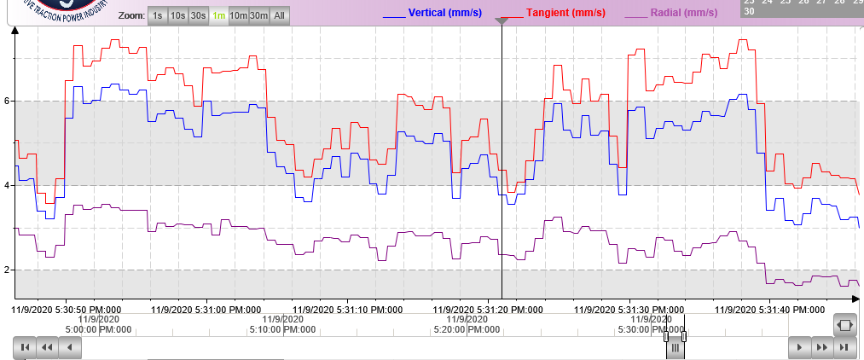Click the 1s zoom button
[157, 15]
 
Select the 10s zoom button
[177, 15]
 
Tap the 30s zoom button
[199, 15]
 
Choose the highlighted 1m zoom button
[219, 15]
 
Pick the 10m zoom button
[239, 15]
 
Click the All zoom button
[280, 15]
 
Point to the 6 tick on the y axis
[6, 101]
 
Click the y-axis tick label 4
[6, 185]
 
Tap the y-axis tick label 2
[6, 270]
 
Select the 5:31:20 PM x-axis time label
[487, 309]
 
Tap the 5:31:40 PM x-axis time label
[769, 309]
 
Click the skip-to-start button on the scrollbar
[25, 347]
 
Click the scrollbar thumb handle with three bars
[674, 347]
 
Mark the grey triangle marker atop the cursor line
[502, 21]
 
